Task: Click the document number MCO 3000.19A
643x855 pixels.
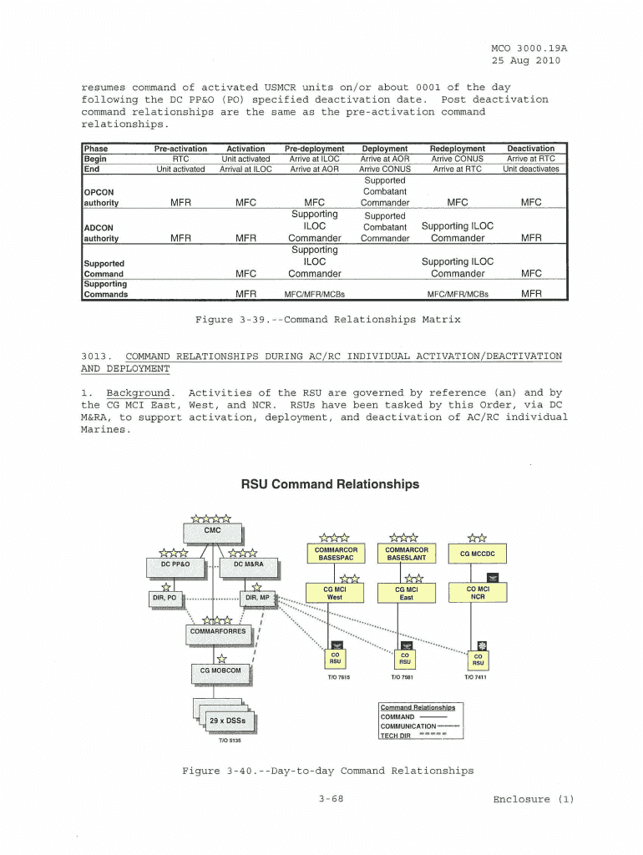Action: pos(525,48)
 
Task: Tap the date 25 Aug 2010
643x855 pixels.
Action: pos(525,60)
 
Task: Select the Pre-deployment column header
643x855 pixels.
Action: pos(314,149)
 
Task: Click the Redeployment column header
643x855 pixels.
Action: pos(457,149)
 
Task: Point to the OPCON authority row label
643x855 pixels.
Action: pos(101,198)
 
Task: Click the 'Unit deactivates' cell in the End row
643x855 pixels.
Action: pos(530,169)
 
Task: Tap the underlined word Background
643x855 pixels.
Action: pos(139,392)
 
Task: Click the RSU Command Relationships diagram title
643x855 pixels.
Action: pos(330,484)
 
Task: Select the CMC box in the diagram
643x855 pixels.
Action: pos(213,531)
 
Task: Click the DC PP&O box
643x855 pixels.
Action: pos(175,565)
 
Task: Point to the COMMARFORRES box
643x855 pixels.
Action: pos(218,631)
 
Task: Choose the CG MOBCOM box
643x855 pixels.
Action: pos(220,670)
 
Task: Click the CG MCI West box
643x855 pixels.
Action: pos(334,593)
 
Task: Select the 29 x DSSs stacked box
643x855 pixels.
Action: pos(227,721)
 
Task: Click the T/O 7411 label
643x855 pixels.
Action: pos(475,677)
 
